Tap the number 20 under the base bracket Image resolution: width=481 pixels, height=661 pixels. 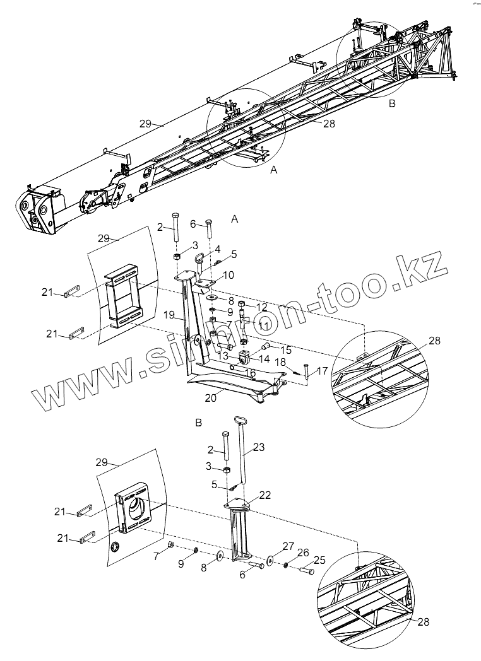pos(210,397)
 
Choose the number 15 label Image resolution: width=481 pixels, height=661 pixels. pos(286,349)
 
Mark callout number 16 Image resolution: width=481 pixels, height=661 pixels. pos(250,373)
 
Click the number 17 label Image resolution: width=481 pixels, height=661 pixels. pos(323,371)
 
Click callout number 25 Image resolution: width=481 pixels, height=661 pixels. pos(319,560)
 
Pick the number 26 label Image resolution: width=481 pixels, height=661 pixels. pos(303,553)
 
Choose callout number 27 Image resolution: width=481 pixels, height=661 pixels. pos(288,546)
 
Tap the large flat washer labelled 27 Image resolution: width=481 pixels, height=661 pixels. pos(270,561)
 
